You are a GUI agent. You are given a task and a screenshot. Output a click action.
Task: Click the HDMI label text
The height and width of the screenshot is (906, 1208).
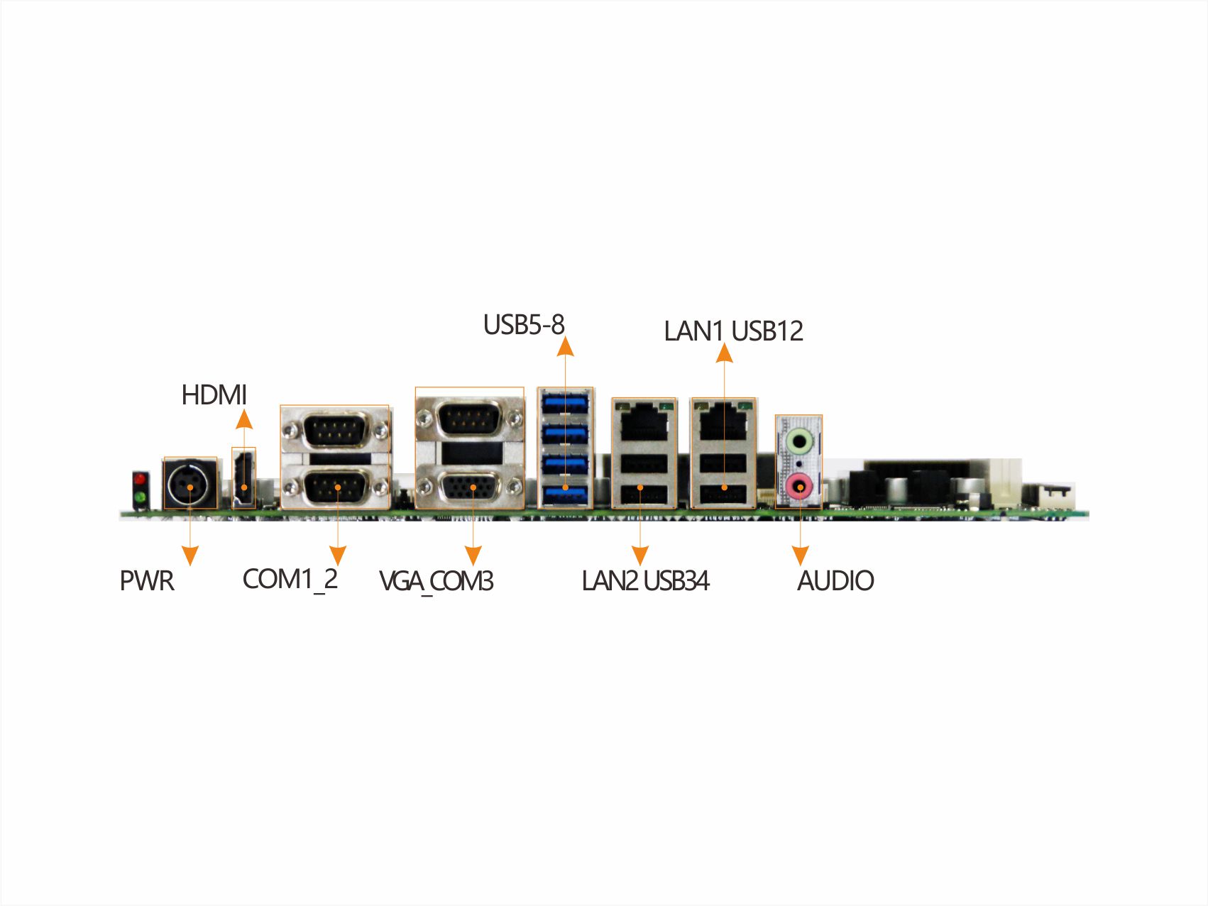(x=214, y=395)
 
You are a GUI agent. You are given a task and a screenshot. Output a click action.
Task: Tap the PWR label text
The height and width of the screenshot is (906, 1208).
(x=147, y=581)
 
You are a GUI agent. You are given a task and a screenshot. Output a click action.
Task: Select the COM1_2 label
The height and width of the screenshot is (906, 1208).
(x=290, y=580)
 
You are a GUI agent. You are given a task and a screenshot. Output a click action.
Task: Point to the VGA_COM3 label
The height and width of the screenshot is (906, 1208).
(x=436, y=581)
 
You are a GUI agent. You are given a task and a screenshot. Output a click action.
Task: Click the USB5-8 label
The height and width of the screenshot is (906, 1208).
(x=523, y=325)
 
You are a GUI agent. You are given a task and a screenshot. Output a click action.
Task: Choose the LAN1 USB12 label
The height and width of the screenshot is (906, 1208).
(x=733, y=331)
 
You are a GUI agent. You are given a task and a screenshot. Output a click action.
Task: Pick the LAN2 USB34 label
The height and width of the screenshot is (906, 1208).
(x=645, y=581)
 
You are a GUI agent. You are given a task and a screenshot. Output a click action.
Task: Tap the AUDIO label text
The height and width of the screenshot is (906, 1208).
(x=835, y=581)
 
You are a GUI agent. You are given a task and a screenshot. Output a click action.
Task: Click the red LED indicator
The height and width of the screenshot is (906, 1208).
(x=140, y=479)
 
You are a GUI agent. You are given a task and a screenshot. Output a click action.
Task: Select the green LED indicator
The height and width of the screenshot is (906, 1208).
(x=140, y=497)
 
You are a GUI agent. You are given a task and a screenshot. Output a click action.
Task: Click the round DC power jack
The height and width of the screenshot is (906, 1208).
(x=190, y=484)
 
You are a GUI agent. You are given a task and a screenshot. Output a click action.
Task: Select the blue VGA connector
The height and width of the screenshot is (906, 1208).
(x=469, y=488)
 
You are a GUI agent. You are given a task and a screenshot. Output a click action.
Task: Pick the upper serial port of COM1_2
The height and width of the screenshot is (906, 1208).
(x=335, y=430)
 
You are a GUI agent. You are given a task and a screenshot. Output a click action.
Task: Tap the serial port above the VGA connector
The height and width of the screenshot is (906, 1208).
(x=468, y=418)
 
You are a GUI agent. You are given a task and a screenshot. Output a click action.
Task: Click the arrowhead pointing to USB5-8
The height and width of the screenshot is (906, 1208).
(x=565, y=346)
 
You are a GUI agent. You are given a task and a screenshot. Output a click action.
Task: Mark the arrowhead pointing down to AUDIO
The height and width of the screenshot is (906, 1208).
(x=800, y=556)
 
